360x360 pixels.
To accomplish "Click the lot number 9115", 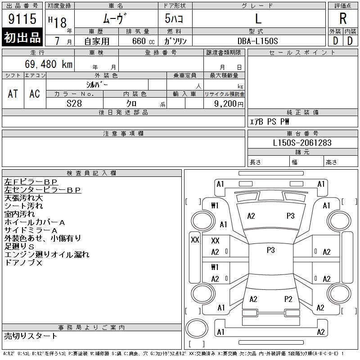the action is [x=22, y=18].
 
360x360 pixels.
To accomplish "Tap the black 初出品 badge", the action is [x=22, y=37].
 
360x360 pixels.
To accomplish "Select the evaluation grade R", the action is [x=343, y=18].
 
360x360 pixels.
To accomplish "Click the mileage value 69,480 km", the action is [x=49, y=64].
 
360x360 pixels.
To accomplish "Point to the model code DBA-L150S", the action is [x=257, y=41].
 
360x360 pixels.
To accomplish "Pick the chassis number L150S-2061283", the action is [x=302, y=143].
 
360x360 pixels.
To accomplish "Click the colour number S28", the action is [x=74, y=103].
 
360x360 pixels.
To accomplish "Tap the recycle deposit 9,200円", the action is [x=229, y=104].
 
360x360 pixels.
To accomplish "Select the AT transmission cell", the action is [x=13, y=94].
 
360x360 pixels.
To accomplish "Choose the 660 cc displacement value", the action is [x=143, y=41].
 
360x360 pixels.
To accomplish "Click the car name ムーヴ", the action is [x=115, y=18].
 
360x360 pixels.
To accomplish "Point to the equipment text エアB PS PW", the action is [x=269, y=121].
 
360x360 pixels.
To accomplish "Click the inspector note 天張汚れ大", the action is [x=23, y=198].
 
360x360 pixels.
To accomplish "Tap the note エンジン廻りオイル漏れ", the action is [x=47, y=254].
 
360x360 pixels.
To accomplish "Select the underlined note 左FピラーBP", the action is [x=31, y=182].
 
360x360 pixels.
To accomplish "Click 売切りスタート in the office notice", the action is [x=30, y=336].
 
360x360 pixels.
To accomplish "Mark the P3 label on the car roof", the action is [x=271, y=250].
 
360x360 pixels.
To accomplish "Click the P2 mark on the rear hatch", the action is [x=288, y=299].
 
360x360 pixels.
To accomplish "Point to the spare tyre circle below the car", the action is [x=197, y=328].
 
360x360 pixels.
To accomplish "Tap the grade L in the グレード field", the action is [x=258, y=18].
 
